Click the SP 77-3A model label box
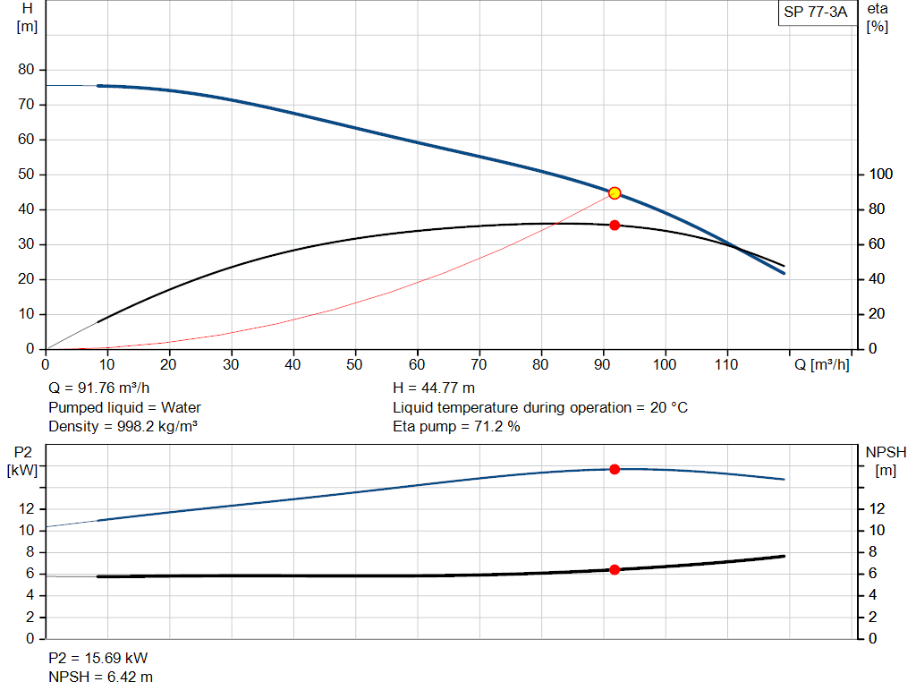(815, 13)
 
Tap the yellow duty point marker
(615, 193)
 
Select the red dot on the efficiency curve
(615, 225)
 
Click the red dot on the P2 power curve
(615, 469)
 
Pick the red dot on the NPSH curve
(615, 569)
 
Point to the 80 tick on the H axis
(27, 70)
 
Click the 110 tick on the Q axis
(726, 364)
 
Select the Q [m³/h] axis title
(822, 364)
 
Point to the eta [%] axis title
(878, 17)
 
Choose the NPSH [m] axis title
(886, 461)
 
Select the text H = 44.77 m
(434, 388)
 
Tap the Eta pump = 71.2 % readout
(456, 426)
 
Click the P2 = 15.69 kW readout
(98, 658)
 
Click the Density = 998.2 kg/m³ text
(123, 426)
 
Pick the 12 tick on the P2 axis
(27, 508)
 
